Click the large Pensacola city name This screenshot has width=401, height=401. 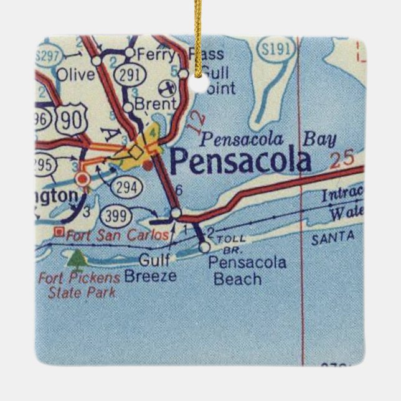click(240, 161)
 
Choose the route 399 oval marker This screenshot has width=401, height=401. click(117, 216)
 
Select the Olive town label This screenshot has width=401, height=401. click(75, 75)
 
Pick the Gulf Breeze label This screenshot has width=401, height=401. click(150, 268)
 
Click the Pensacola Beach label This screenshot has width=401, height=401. click(247, 270)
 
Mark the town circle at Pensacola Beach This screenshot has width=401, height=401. click(204, 247)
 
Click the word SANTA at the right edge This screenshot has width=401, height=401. click(334, 237)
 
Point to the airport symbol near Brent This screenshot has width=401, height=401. click(166, 87)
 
